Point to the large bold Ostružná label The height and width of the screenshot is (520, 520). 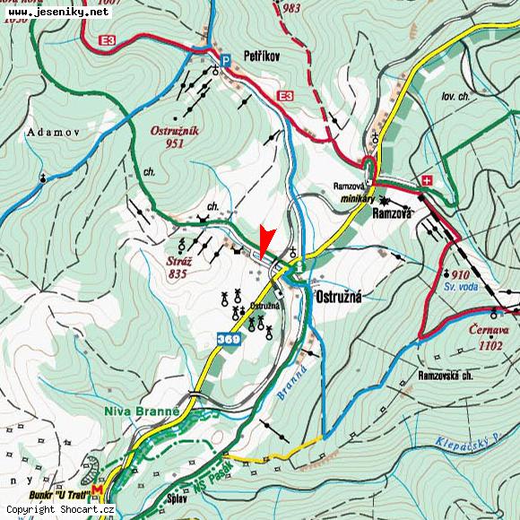(338, 297)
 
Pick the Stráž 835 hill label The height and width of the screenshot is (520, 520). (176, 268)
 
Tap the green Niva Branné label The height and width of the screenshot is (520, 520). (143, 412)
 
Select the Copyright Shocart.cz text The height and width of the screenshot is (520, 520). (61, 510)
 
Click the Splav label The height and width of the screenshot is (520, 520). (177, 498)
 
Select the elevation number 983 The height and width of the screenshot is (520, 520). (290, 8)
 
